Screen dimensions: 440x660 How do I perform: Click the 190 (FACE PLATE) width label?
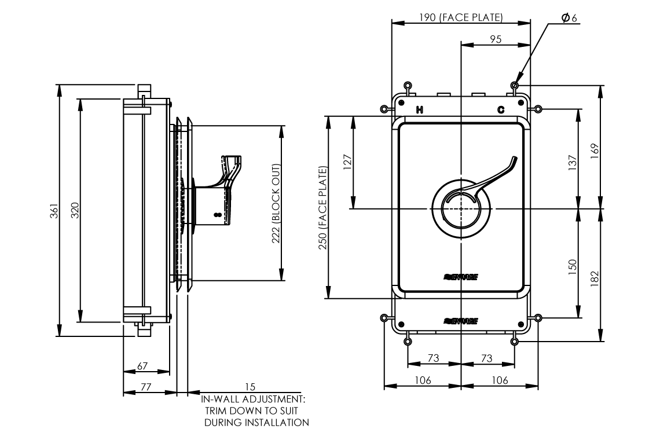461,17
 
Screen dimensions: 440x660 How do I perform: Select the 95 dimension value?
496,39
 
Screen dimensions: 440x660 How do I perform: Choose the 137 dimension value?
572,162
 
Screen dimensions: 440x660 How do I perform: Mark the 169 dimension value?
594,149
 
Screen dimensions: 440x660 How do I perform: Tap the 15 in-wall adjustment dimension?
250,386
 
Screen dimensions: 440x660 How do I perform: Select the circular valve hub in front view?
460,208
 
